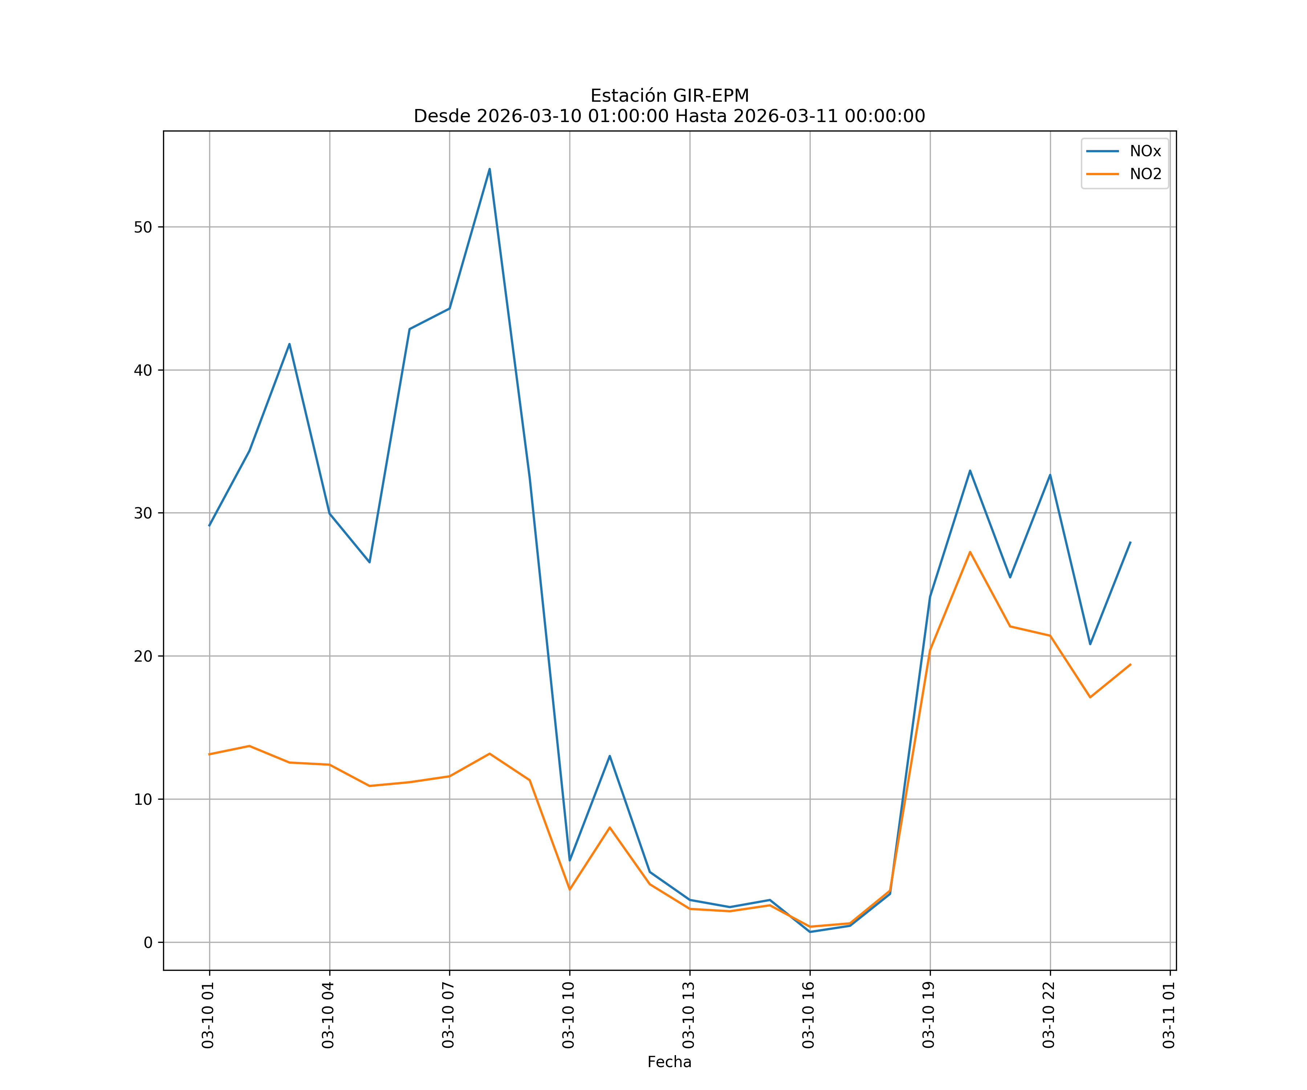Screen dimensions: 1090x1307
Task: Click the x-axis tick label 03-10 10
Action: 568,1015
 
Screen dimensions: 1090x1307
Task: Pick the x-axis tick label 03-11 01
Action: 1169,1015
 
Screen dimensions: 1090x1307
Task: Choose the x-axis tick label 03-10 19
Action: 929,1015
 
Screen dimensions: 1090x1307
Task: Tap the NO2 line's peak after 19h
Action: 970,552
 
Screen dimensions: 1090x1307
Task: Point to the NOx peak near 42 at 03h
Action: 289,344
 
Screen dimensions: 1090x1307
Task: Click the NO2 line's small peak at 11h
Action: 609,827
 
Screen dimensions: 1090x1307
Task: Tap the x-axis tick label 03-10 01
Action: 208,1015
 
